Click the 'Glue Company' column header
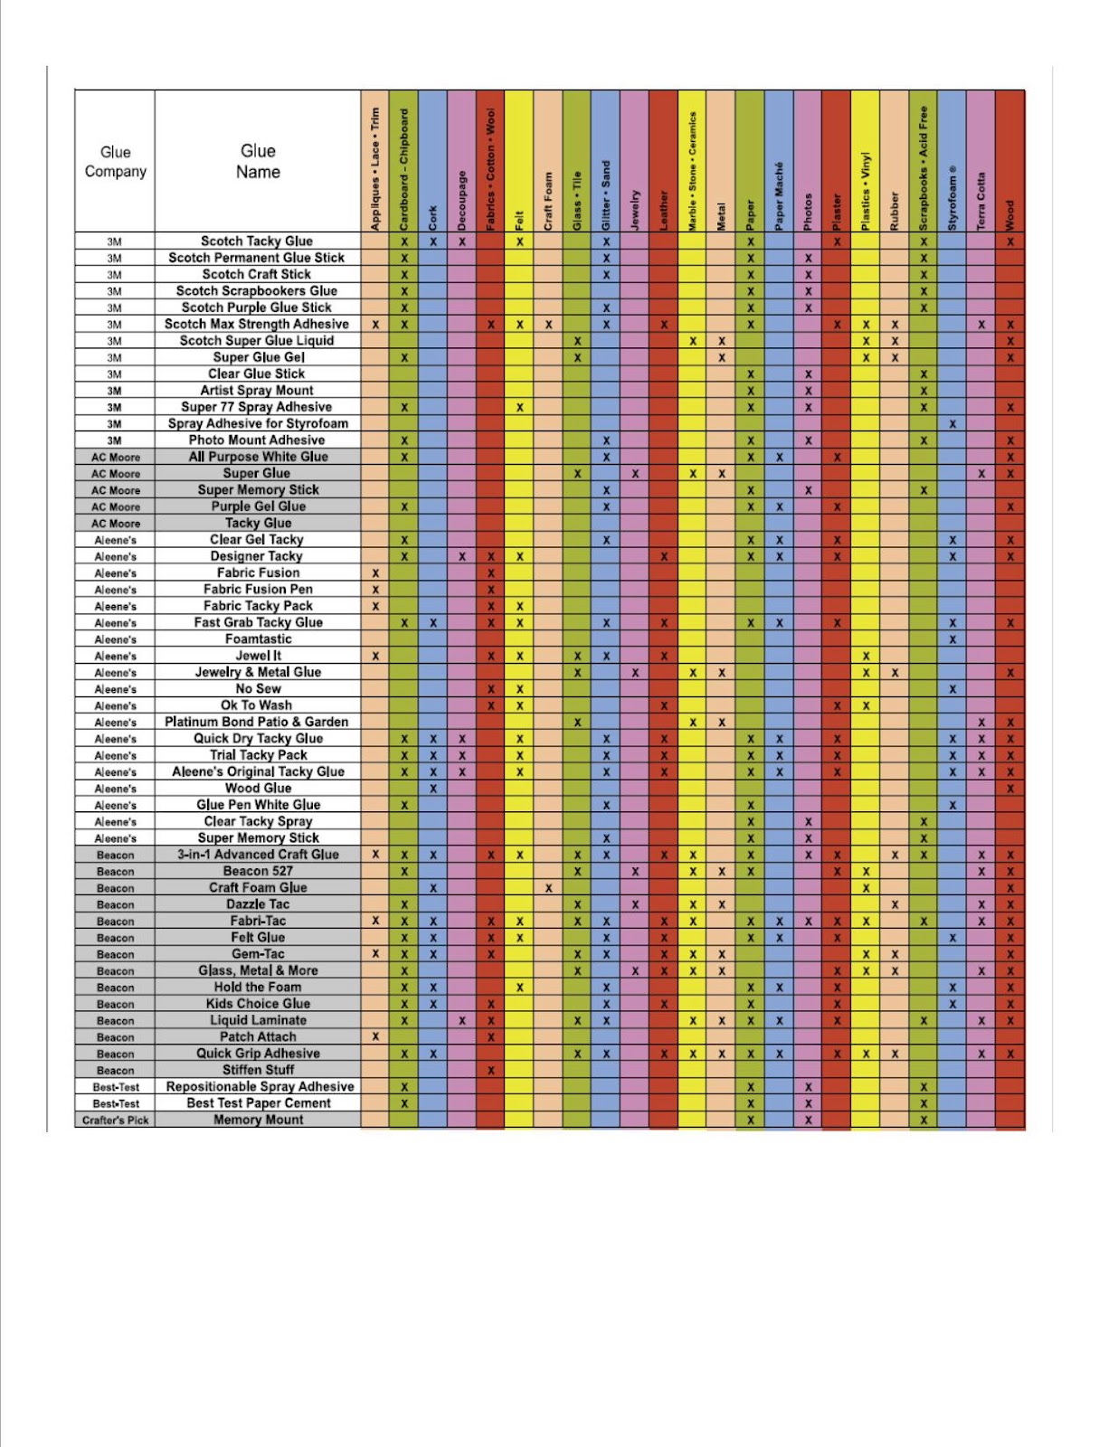click(115, 161)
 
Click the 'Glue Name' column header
click(258, 161)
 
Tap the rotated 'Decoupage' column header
click(461, 200)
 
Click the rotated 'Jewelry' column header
click(635, 209)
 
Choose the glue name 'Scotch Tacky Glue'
click(257, 241)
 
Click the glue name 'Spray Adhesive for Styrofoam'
click(258, 423)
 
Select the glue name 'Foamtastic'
click(258, 639)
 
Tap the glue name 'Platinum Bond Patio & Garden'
click(256, 722)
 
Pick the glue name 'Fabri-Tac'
click(258, 921)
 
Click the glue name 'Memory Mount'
click(258, 1120)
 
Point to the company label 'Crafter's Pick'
click(115, 1120)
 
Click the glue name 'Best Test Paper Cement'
click(258, 1103)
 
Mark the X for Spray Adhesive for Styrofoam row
click(952, 424)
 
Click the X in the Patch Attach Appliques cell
click(375, 1036)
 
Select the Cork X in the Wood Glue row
click(433, 789)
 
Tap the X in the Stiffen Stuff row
click(490, 1071)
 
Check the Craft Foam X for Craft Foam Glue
click(548, 888)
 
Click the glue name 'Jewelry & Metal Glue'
click(258, 672)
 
